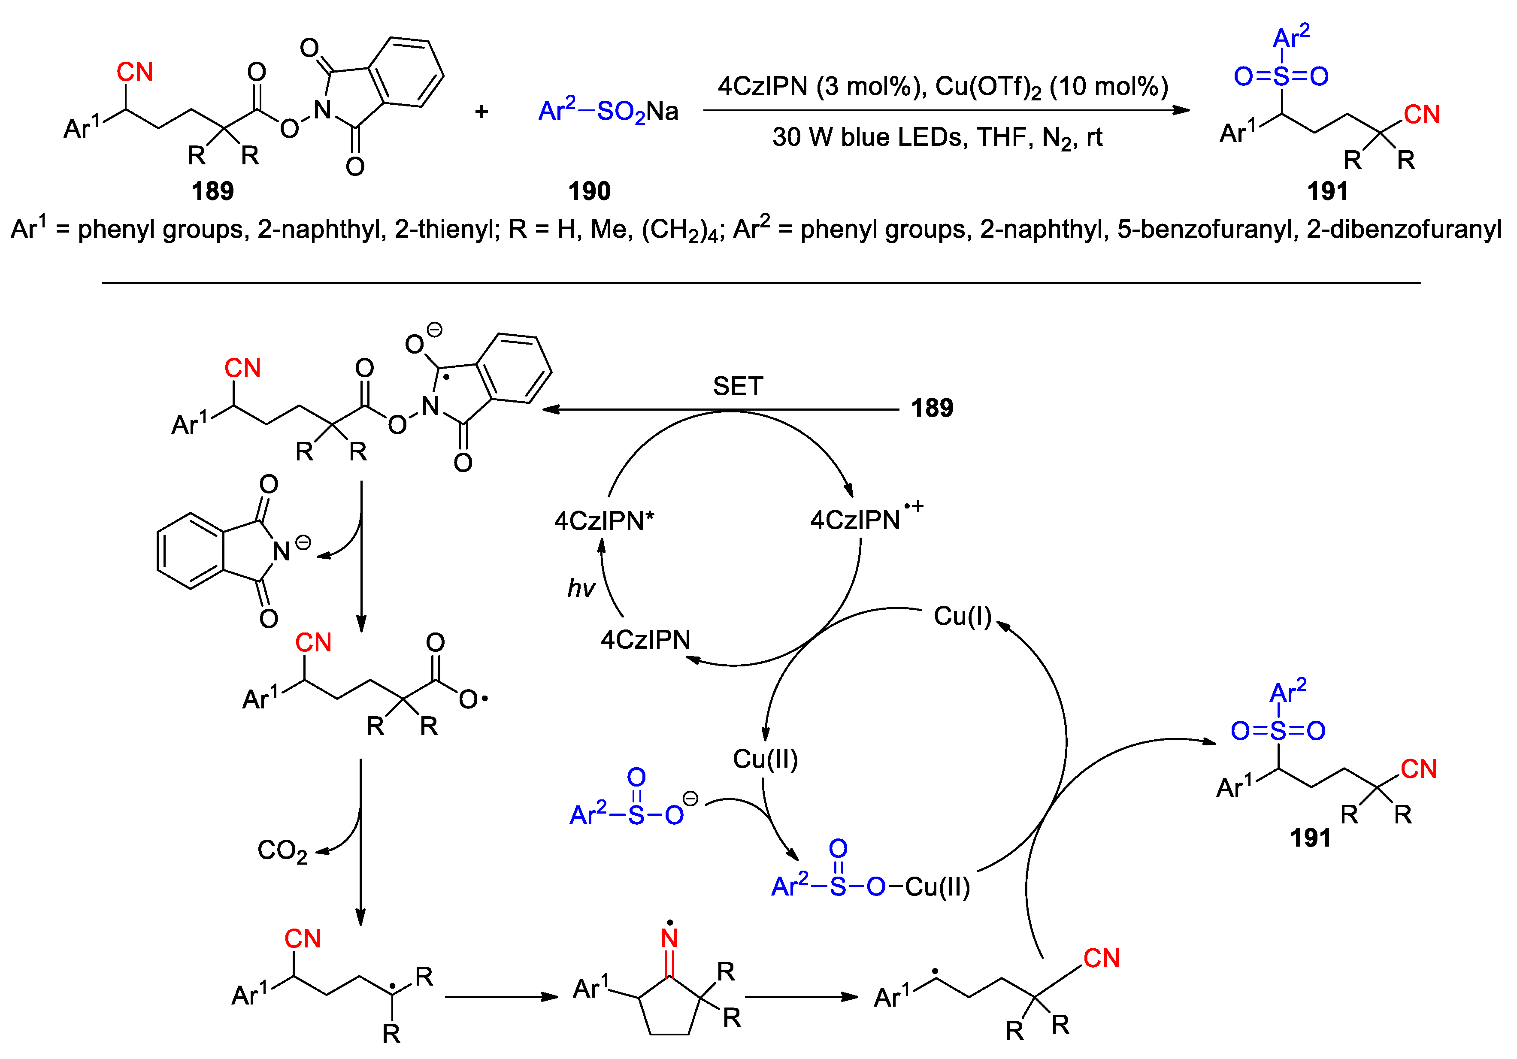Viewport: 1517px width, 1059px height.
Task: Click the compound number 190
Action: [589, 191]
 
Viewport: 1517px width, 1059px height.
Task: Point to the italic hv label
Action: [581, 588]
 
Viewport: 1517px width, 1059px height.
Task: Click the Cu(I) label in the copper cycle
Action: [962, 616]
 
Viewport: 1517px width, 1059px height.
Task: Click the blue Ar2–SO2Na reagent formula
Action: [608, 112]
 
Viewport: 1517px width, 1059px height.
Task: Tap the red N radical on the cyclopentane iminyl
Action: [669, 937]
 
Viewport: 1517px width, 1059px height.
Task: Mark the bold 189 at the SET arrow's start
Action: [932, 408]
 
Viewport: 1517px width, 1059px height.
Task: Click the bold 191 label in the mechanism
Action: [1310, 838]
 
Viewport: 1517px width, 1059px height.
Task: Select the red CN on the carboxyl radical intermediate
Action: [313, 642]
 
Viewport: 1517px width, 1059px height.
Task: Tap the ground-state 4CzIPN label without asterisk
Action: [645, 639]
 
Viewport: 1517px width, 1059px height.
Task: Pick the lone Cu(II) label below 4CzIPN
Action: [765, 759]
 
